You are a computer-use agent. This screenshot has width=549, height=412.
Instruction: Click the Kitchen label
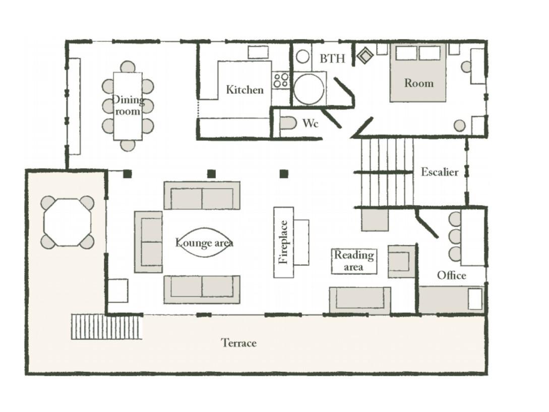pos(245,90)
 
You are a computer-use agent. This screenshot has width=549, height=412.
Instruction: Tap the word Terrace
pos(239,342)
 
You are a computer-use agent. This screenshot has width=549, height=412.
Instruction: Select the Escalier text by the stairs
pos(440,171)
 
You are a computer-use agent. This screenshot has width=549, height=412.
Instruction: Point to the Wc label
pos(310,123)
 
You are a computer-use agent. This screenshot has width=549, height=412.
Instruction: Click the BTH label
pos(332,58)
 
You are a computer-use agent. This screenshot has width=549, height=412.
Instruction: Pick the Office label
pos(451,275)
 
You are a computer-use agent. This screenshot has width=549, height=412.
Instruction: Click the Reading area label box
pos(354,261)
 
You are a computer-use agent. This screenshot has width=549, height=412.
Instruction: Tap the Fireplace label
pos(284,242)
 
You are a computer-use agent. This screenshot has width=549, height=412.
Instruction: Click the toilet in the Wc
pos(288,123)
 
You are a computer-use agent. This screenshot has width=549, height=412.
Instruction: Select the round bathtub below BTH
pos(309,89)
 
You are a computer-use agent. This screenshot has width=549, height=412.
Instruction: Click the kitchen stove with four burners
pos(281,80)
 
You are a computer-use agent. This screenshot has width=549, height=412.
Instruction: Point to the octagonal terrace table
pos(68,222)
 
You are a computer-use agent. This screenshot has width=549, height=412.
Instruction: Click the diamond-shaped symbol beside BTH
pos(365,55)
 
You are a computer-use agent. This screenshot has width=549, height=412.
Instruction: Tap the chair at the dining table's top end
pos(128,67)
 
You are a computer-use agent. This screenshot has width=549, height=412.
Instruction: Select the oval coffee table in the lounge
pos(204,243)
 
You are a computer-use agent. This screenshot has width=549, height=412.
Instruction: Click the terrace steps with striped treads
pos(106,326)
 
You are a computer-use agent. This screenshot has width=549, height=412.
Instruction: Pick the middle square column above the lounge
pos(211,174)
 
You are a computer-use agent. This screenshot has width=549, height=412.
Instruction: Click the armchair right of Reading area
pos(401,261)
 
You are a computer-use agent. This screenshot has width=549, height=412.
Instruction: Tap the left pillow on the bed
pos(406,53)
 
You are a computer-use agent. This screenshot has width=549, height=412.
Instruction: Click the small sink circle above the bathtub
pos(302,57)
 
